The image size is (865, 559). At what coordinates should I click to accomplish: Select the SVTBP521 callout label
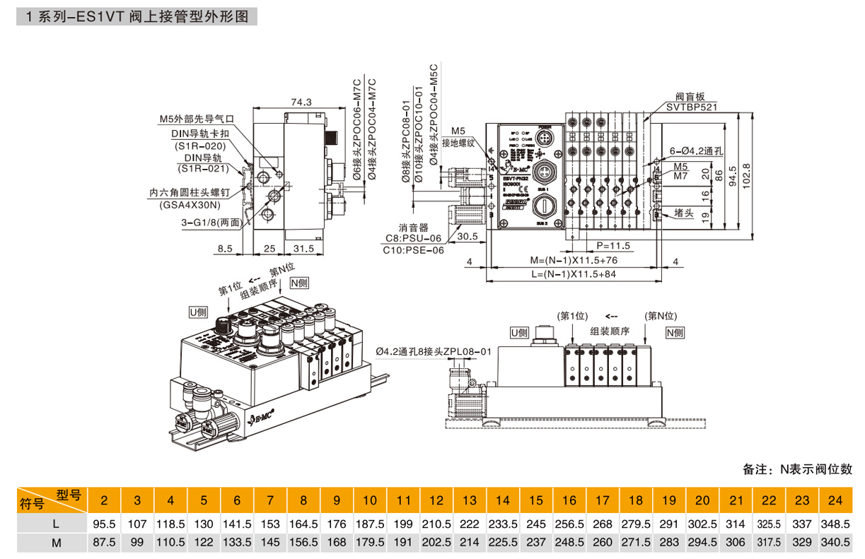(692, 108)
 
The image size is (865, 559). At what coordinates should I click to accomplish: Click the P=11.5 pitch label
(613, 246)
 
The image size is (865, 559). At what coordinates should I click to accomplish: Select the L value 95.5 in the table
(104, 525)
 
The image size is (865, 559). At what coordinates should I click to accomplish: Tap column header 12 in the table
(436, 501)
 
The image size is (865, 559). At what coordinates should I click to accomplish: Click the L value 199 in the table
(403, 525)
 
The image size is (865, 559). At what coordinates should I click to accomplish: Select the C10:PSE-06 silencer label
(414, 250)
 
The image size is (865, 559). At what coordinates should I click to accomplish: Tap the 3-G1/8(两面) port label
(210, 222)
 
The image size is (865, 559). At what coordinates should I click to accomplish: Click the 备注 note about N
(797, 469)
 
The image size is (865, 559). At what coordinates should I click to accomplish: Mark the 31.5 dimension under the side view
(303, 249)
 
